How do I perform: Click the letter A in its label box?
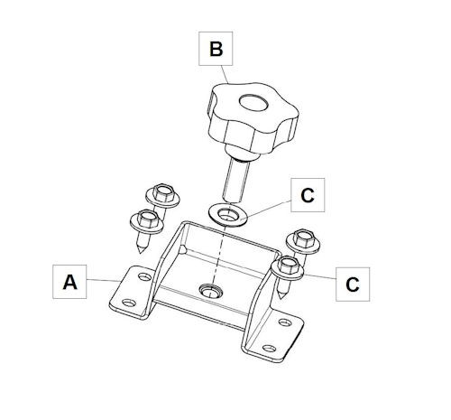coord(69,283)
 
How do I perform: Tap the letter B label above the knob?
coord(216,49)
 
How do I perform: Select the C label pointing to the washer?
coord(308,195)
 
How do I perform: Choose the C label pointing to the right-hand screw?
coord(353,285)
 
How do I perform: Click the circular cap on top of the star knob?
coord(253,103)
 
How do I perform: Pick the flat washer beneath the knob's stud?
coord(228,215)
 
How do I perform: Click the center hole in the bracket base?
coord(211,291)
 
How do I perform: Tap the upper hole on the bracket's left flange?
coord(144,276)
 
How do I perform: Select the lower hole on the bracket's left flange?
coord(129,303)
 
